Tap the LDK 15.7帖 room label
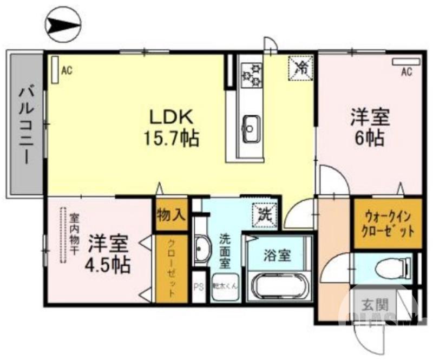click(x=171, y=128)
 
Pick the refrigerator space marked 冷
click(x=302, y=68)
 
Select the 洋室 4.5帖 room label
click(x=109, y=253)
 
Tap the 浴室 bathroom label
click(x=278, y=255)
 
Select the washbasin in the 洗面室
click(x=202, y=250)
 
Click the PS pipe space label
click(x=199, y=287)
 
